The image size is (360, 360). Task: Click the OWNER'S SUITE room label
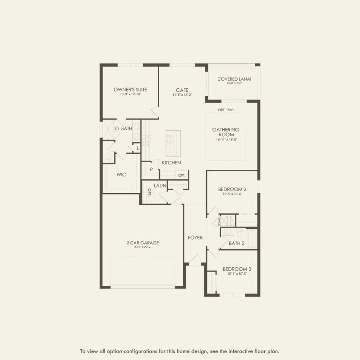130,90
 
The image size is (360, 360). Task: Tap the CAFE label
182,90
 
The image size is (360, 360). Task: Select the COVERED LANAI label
234,79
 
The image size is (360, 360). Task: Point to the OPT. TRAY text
226,110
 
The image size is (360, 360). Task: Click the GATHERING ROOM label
225,132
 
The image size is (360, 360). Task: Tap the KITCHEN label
171,163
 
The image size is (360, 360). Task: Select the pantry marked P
151,169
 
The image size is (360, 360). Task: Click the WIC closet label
121,175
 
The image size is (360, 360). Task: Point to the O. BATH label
123,128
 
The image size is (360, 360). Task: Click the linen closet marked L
138,148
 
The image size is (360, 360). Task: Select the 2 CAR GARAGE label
143,243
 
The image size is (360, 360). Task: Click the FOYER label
195,238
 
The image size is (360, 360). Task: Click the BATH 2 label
237,244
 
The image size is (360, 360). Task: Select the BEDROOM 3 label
237,269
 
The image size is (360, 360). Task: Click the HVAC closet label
219,221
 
